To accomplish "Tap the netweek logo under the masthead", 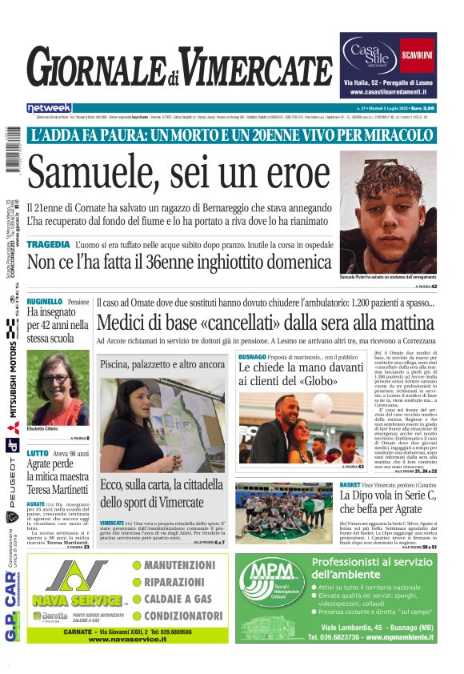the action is pyautogui.click(x=49, y=108).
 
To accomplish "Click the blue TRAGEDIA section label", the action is pyautogui.click(x=48, y=243).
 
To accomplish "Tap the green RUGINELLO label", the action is pyautogui.click(x=45, y=302).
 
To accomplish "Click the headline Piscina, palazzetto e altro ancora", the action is pyautogui.click(x=162, y=364).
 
